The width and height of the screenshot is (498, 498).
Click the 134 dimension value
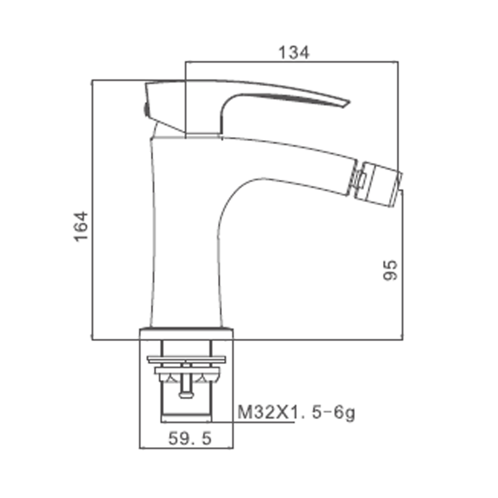(x=293, y=53)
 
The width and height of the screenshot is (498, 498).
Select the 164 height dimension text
(x=81, y=226)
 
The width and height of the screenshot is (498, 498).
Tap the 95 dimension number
(x=390, y=270)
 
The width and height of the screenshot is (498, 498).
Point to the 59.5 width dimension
(x=190, y=439)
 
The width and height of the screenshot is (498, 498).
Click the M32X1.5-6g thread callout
(x=296, y=413)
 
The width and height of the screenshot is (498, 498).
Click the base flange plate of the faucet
(x=186, y=334)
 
